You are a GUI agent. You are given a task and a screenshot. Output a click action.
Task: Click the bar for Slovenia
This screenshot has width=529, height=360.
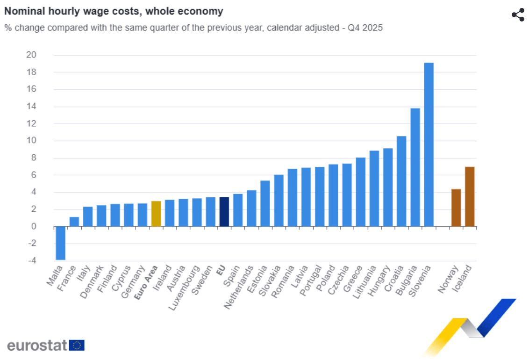[429, 144]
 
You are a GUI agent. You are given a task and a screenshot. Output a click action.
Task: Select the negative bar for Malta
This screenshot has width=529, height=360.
[60, 243]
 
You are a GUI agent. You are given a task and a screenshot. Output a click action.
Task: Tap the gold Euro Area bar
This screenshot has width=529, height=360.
[156, 214]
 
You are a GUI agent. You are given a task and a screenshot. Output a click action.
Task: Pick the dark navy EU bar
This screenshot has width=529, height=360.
[224, 212]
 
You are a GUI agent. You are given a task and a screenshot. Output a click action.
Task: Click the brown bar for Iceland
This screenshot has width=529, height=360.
[469, 196]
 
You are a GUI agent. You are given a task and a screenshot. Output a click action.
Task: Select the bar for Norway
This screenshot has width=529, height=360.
[456, 208]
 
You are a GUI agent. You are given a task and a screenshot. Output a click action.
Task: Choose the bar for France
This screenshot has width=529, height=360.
[74, 222]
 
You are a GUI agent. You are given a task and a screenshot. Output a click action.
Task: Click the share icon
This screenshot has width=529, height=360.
[518, 14]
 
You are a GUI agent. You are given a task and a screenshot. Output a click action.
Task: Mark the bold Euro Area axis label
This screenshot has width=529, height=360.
[146, 281]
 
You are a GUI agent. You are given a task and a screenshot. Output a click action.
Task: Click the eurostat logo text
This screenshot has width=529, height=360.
[37, 346]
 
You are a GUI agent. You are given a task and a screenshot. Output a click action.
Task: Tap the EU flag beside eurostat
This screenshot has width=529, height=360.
[77, 346]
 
